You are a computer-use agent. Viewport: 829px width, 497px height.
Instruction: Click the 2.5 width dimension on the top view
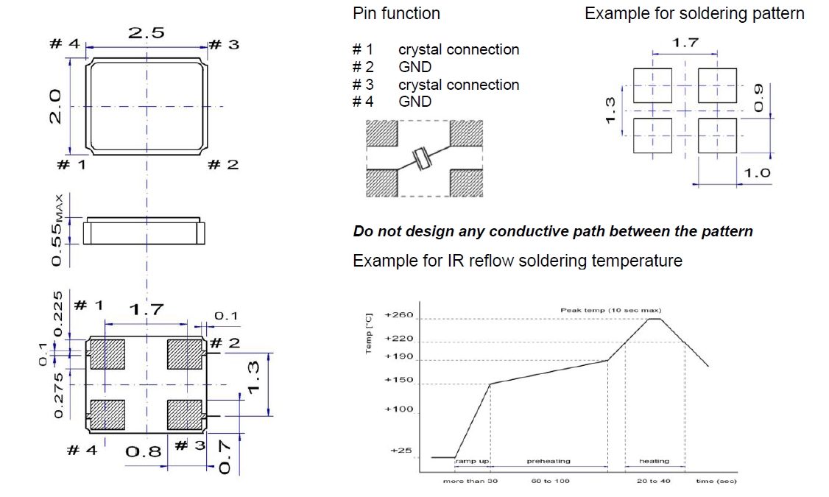pyautogui.click(x=147, y=33)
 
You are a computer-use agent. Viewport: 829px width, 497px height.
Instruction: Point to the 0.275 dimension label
pyautogui.click(x=59, y=396)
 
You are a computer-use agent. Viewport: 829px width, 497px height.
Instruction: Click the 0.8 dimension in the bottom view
pyautogui.click(x=143, y=451)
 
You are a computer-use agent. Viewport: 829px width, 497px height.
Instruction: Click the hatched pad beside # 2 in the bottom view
pyautogui.click(x=185, y=353)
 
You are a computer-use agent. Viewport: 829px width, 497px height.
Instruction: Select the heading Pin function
pyautogui.click(x=396, y=13)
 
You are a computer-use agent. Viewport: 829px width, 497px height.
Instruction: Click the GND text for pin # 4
pyautogui.click(x=415, y=102)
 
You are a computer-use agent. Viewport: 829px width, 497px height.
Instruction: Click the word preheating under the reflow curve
pyautogui.click(x=548, y=462)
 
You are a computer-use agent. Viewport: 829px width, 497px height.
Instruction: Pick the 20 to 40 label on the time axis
pyautogui.click(x=653, y=481)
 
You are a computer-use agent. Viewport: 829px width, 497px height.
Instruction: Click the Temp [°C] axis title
pyautogui.click(x=369, y=332)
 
